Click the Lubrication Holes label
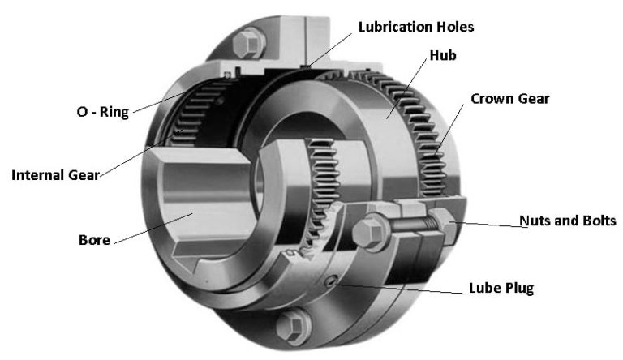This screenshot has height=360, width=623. (415, 27)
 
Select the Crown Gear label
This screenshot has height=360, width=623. (509, 98)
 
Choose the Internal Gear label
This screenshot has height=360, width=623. (54, 174)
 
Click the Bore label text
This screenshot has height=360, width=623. (93, 240)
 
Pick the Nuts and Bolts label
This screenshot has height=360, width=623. (567, 221)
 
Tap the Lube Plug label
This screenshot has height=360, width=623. (501, 288)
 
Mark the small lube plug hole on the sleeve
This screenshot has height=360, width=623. (329, 281)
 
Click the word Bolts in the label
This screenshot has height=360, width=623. (599, 221)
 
